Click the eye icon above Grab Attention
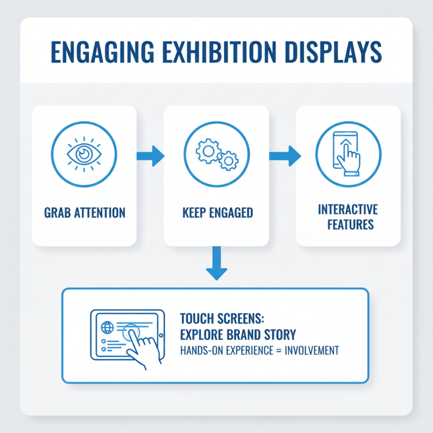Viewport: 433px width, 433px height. pos(83,154)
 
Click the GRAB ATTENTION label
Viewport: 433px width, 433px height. pos(83,212)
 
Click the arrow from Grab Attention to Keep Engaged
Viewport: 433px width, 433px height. pos(150,156)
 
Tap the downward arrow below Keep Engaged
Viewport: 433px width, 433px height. pos(216,263)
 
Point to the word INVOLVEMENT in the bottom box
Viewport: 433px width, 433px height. pos(309,351)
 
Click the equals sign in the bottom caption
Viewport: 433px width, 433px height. pos(273,351)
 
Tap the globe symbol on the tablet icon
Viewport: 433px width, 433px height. pos(106,328)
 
